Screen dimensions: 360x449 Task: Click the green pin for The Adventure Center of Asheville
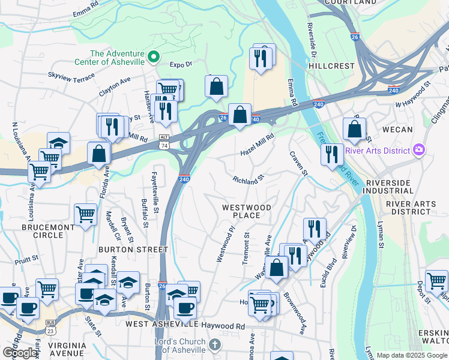coord(154,57)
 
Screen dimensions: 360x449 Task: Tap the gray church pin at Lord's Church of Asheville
coord(216,345)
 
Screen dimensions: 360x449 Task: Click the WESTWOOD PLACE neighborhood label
coord(247,211)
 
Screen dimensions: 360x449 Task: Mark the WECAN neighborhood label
coord(397,129)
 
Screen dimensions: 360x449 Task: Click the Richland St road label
coord(249,179)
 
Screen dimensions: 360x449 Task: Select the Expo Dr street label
coord(180,64)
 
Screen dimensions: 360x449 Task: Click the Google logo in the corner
coord(20,353)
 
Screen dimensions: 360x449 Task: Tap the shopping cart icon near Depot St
coord(436,281)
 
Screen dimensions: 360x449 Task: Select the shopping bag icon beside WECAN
coord(355,128)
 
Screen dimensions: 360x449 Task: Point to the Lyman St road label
coord(380,235)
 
